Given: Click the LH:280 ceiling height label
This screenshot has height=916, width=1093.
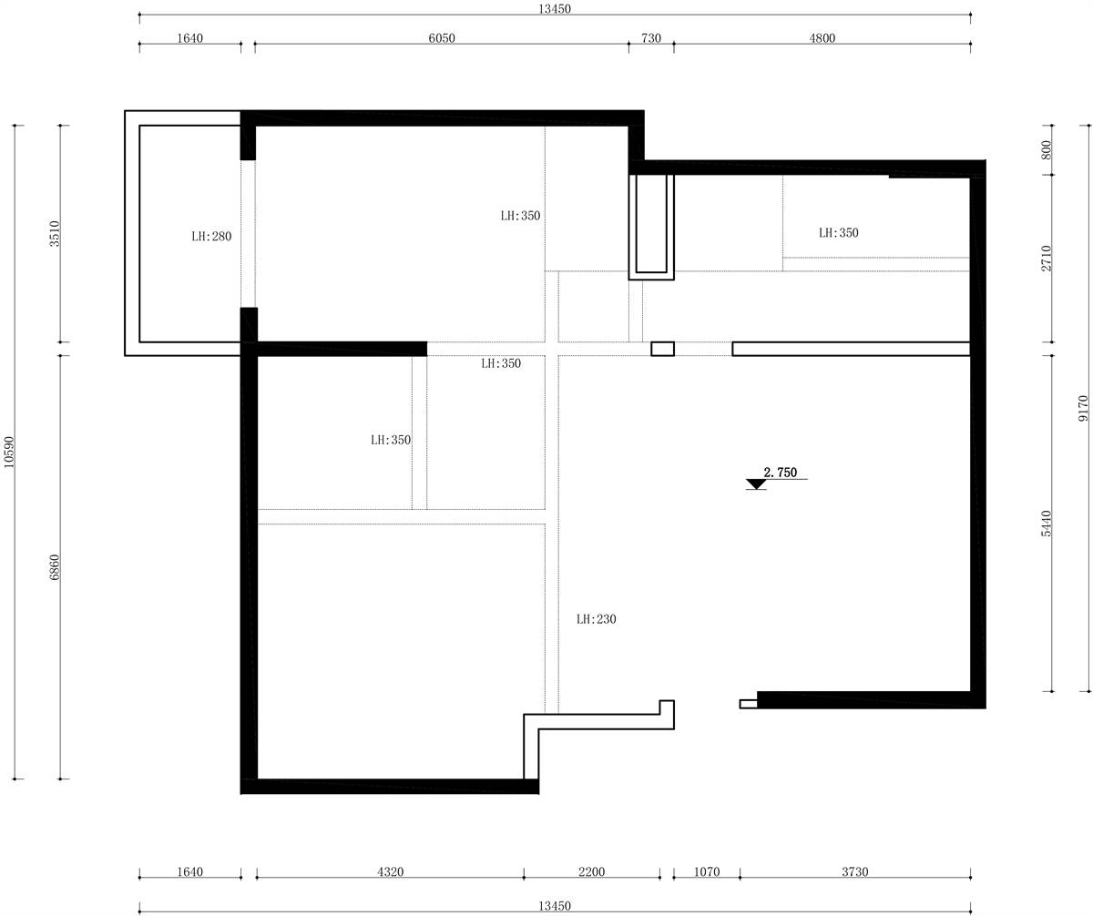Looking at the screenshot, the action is [x=211, y=236].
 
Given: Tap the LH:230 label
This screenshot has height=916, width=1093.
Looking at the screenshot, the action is [x=596, y=618].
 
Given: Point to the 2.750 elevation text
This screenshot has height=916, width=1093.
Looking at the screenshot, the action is [x=780, y=473].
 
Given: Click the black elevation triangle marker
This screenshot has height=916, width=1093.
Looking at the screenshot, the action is [x=755, y=484].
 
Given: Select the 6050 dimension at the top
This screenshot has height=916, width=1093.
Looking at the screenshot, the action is [x=441, y=38].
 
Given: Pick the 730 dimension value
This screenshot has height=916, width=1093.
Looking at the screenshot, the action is [x=650, y=38].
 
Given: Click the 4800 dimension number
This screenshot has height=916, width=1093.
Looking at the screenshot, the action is [x=822, y=38].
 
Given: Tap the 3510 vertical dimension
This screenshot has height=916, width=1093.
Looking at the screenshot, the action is [x=55, y=234].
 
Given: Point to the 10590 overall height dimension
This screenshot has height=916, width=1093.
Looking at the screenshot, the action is [x=9, y=452].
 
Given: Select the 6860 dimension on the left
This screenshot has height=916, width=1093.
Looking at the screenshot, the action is [x=55, y=567].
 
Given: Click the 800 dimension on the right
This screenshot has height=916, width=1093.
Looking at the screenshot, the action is [x=1046, y=150].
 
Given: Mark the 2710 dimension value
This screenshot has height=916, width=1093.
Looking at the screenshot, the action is [x=1046, y=258].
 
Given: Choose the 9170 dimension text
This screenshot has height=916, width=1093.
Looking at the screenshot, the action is [x=1083, y=409].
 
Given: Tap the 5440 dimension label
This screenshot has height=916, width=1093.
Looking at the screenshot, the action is [x=1046, y=524].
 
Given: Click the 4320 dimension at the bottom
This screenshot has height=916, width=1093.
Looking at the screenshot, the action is [x=390, y=871].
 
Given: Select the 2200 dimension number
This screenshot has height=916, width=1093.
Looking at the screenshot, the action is [x=591, y=871].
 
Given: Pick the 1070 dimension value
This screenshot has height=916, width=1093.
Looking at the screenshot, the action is [x=707, y=871].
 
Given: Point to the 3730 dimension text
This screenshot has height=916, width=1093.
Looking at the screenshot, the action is [x=855, y=871].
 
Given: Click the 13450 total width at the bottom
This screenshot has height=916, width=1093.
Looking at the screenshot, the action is [x=555, y=906].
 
